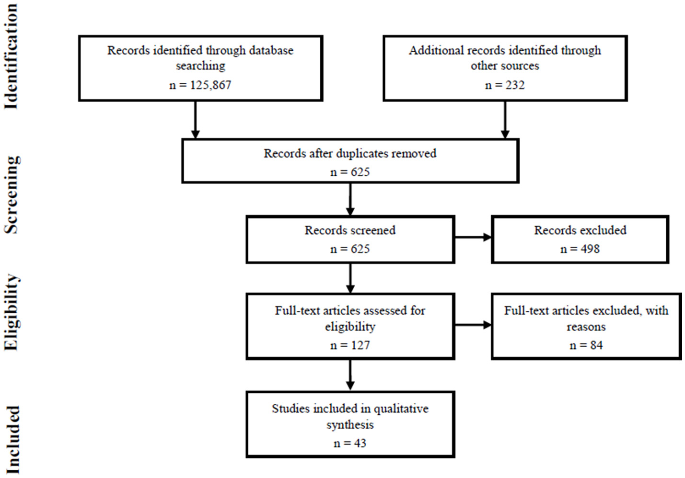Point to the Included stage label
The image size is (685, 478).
point(12,440)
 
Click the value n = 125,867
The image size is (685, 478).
point(200,85)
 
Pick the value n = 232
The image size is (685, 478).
point(505,85)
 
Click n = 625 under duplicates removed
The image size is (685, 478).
point(350,172)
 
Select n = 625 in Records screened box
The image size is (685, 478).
point(350,249)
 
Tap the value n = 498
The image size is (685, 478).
point(580,249)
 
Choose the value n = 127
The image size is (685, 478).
point(350,345)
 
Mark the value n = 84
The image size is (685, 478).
point(586,345)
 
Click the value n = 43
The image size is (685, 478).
point(350,443)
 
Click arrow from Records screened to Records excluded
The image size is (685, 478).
point(473,237)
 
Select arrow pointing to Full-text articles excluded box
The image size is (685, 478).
point(473,325)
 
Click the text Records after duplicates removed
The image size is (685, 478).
point(350,153)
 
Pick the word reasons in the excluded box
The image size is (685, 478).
point(586,327)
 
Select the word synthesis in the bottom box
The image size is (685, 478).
point(350,425)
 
